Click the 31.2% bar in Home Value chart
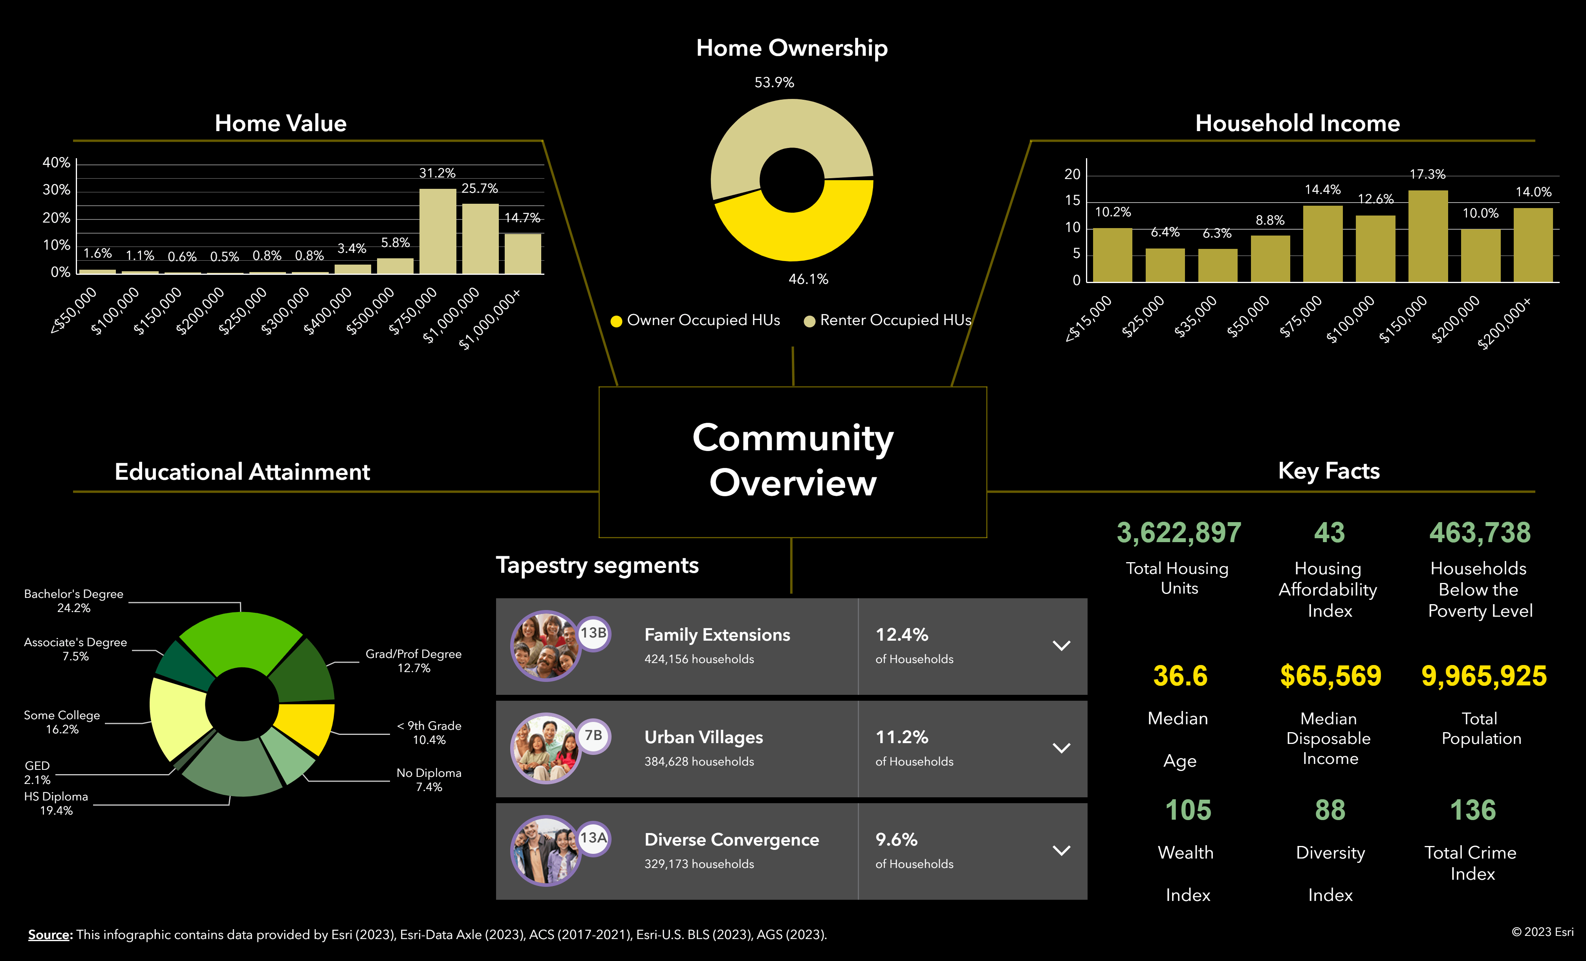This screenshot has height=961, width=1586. tap(438, 232)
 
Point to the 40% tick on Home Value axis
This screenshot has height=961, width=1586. tap(56, 163)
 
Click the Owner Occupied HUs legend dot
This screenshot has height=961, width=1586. tap(616, 321)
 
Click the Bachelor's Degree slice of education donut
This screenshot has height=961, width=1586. tap(240, 640)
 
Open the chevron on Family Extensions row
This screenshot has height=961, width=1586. tap(1061, 646)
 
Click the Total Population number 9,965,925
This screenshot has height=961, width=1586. tap(1483, 676)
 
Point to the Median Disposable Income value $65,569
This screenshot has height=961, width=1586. tap(1330, 676)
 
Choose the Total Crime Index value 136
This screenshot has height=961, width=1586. tap(1473, 811)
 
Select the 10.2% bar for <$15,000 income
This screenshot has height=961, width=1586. tap(1112, 255)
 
